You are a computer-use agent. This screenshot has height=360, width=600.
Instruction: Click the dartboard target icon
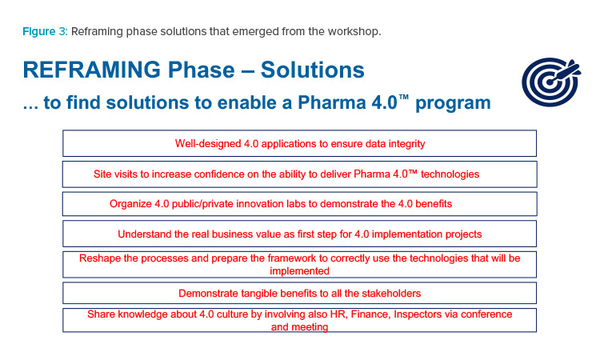551,82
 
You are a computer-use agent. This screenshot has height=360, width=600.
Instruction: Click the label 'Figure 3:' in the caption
45,31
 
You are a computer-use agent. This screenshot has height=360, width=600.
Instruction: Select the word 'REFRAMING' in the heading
92,70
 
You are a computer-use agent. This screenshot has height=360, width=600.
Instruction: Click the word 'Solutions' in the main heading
313,70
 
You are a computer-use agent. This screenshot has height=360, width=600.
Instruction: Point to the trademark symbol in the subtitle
403,97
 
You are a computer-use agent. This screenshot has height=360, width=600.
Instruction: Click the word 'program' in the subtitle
453,103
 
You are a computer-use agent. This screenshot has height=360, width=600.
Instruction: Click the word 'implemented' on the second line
300,271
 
